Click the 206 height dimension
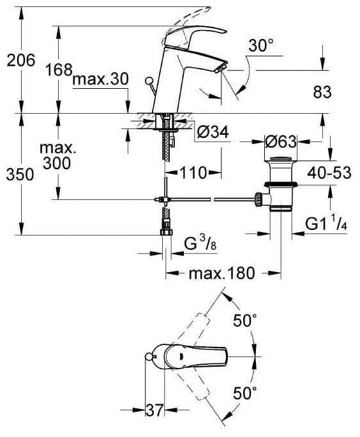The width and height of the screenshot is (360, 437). [x=21, y=60]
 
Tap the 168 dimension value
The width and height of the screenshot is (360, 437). [x=59, y=70]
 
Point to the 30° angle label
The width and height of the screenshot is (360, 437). [x=261, y=45]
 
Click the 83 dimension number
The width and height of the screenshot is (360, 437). [x=322, y=92]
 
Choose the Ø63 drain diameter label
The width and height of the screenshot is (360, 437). [x=281, y=142]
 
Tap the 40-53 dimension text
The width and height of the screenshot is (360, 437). [x=329, y=172]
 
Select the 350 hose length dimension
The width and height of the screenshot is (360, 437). [x=20, y=175]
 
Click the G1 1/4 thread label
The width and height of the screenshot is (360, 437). [x=326, y=223]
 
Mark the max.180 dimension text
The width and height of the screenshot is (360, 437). [x=221, y=273]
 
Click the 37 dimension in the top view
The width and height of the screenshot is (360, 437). [x=154, y=410]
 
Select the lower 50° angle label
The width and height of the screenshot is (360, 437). [x=244, y=393]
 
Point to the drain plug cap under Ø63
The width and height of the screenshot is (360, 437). [x=281, y=160]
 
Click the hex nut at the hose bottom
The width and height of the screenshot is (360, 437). [x=167, y=232]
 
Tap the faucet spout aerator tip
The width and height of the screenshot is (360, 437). [x=221, y=70]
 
